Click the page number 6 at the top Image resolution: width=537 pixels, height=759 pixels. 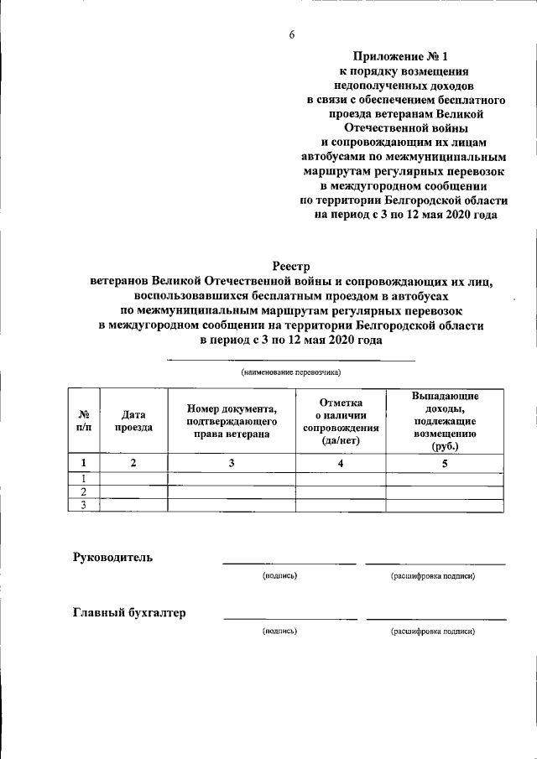click(x=292, y=34)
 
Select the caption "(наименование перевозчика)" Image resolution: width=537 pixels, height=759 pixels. click(x=291, y=372)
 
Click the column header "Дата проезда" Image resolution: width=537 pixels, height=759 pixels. click(x=133, y=420)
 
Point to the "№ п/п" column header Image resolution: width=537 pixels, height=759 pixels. click(x=84, y=420)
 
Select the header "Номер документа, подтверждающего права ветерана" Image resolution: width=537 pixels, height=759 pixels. click(x=232, y=420)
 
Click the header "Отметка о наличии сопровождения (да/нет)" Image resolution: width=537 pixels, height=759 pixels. click(x=340, y=420)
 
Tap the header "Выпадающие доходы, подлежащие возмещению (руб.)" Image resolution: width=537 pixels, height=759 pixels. click(x=445, y=420)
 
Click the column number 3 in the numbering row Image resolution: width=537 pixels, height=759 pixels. click(x=232, y=462)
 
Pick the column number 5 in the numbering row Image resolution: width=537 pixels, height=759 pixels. click(x=445, y=462)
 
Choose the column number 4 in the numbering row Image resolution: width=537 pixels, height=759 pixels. click(x=340, y=462)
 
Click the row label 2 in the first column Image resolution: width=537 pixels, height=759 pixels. click(x=84, y=491)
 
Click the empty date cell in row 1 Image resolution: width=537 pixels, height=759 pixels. click(x=133, y=478)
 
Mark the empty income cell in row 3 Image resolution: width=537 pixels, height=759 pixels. click(x=445, y=505)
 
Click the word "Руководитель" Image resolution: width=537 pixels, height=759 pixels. click(x=113, y=558)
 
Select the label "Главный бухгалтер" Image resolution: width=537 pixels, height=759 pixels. click(x=129, y=612)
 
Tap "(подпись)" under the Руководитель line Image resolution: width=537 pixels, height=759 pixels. click(x=279, y=576)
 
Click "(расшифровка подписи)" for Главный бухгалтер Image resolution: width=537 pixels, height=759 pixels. click(x=433, y=631)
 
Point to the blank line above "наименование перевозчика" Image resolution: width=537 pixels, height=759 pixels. click(x=291, y=361)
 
